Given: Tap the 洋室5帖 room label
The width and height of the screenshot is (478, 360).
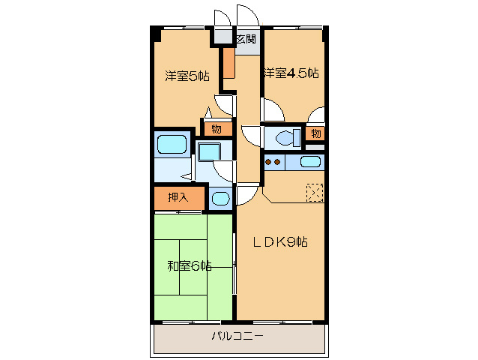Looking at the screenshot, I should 187,75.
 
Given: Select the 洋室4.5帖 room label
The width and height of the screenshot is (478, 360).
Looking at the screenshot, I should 290,73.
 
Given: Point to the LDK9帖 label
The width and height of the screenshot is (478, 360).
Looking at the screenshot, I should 279,241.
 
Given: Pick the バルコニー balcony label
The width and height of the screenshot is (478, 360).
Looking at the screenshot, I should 237,337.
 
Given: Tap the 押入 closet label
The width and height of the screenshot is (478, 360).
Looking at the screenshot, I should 178,198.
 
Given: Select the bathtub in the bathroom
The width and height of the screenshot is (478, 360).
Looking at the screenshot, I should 171,144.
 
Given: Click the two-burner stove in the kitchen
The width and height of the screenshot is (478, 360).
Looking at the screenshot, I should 273,162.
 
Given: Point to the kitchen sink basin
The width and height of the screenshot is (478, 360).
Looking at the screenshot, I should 310,162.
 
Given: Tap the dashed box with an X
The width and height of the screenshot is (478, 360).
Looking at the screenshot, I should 315,193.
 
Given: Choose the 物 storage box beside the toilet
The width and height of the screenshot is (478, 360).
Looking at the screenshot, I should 316,134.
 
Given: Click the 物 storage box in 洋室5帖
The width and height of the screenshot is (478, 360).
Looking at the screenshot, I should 216,128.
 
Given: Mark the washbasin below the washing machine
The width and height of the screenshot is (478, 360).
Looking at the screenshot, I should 220,199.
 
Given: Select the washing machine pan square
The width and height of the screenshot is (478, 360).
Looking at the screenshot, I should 209,151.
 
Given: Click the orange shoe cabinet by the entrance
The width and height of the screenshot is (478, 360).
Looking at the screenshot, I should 229,63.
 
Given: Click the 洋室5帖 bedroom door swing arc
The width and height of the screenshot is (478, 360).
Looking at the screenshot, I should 224,104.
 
